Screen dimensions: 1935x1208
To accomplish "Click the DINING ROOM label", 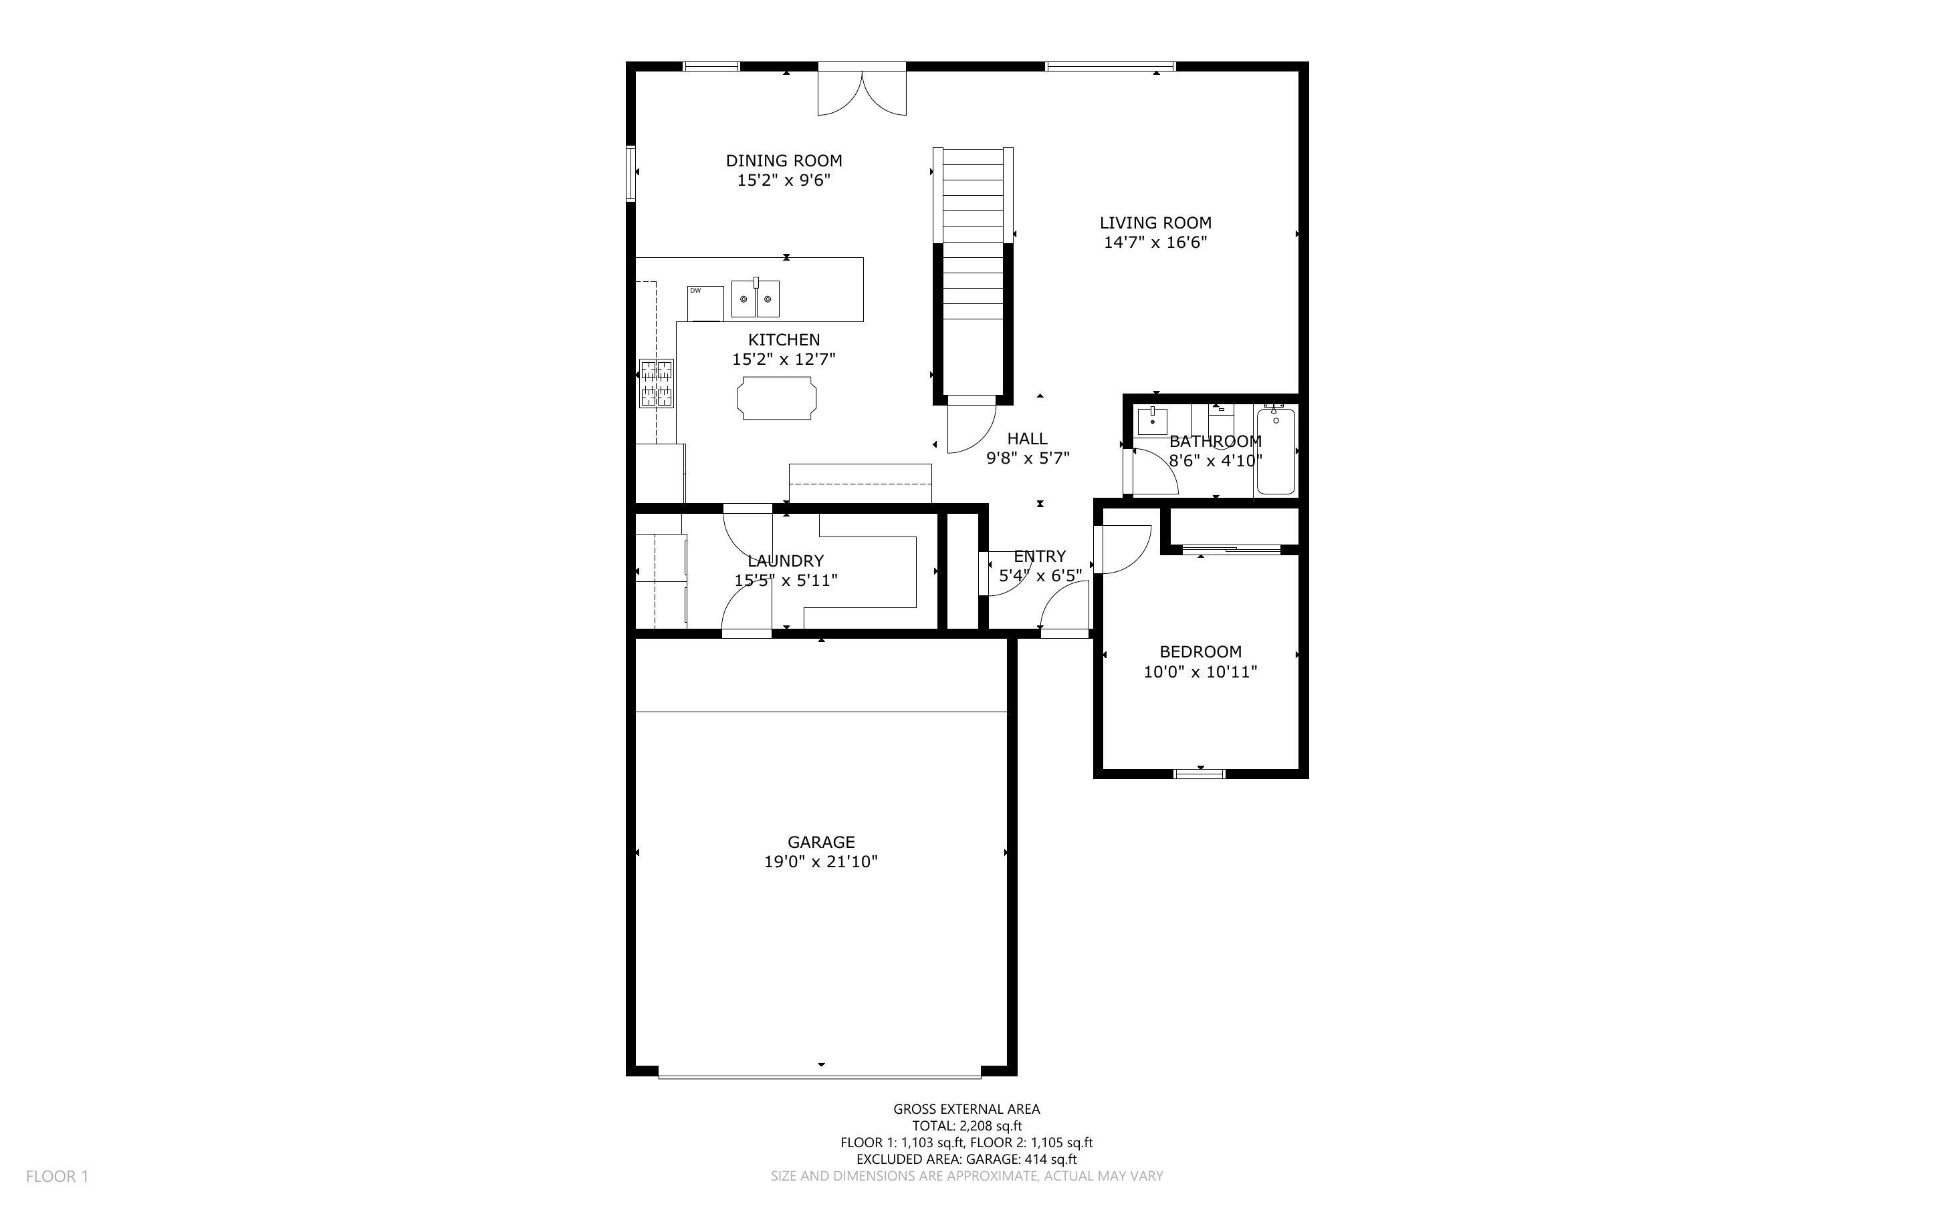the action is click(783, 160).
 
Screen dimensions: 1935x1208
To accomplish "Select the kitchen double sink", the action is click(756, 298).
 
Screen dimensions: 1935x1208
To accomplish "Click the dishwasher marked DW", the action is click(705, 303).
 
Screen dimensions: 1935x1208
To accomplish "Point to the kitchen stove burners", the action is click(656, 384).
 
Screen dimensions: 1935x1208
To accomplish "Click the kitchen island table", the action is click(777, 398).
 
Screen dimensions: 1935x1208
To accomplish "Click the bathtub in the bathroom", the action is click(1276, 452).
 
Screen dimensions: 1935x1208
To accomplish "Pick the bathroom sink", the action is click(1153, 420).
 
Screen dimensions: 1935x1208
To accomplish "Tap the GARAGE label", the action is click(821, 842).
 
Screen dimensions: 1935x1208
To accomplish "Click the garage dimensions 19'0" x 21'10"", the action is click(821, 862).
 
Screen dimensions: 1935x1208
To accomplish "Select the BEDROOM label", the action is click(1200, 652).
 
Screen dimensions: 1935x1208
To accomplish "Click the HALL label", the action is click(1027, 438).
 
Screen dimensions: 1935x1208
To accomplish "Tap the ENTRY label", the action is click(1039, 556).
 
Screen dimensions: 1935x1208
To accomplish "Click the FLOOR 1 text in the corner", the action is click(58, 1176).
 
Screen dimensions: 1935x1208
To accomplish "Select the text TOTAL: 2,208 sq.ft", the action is click(966, 1126).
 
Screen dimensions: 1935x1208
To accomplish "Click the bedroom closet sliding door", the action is click(1232, 549).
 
